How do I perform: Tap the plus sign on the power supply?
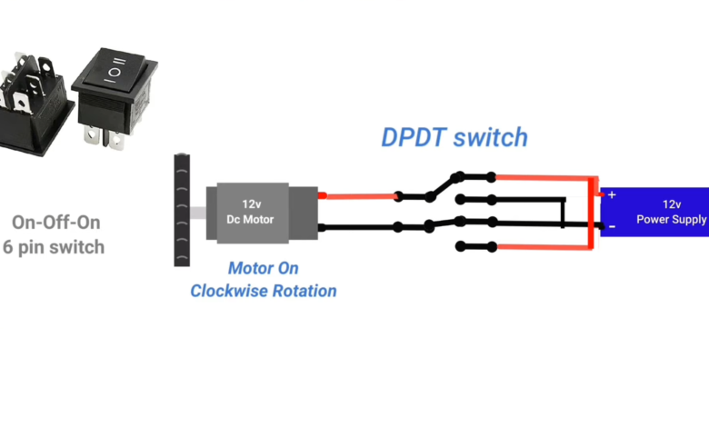click(611, 194)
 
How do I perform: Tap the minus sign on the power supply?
click(611, 225)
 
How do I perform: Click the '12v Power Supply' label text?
click(671, 212)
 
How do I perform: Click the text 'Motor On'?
click(263, 269)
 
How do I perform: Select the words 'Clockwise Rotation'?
click(263, 291)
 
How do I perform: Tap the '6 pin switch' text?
click(54, 246)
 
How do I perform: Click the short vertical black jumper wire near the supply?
click(564, 212)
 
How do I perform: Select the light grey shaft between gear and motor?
click(199, 211)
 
